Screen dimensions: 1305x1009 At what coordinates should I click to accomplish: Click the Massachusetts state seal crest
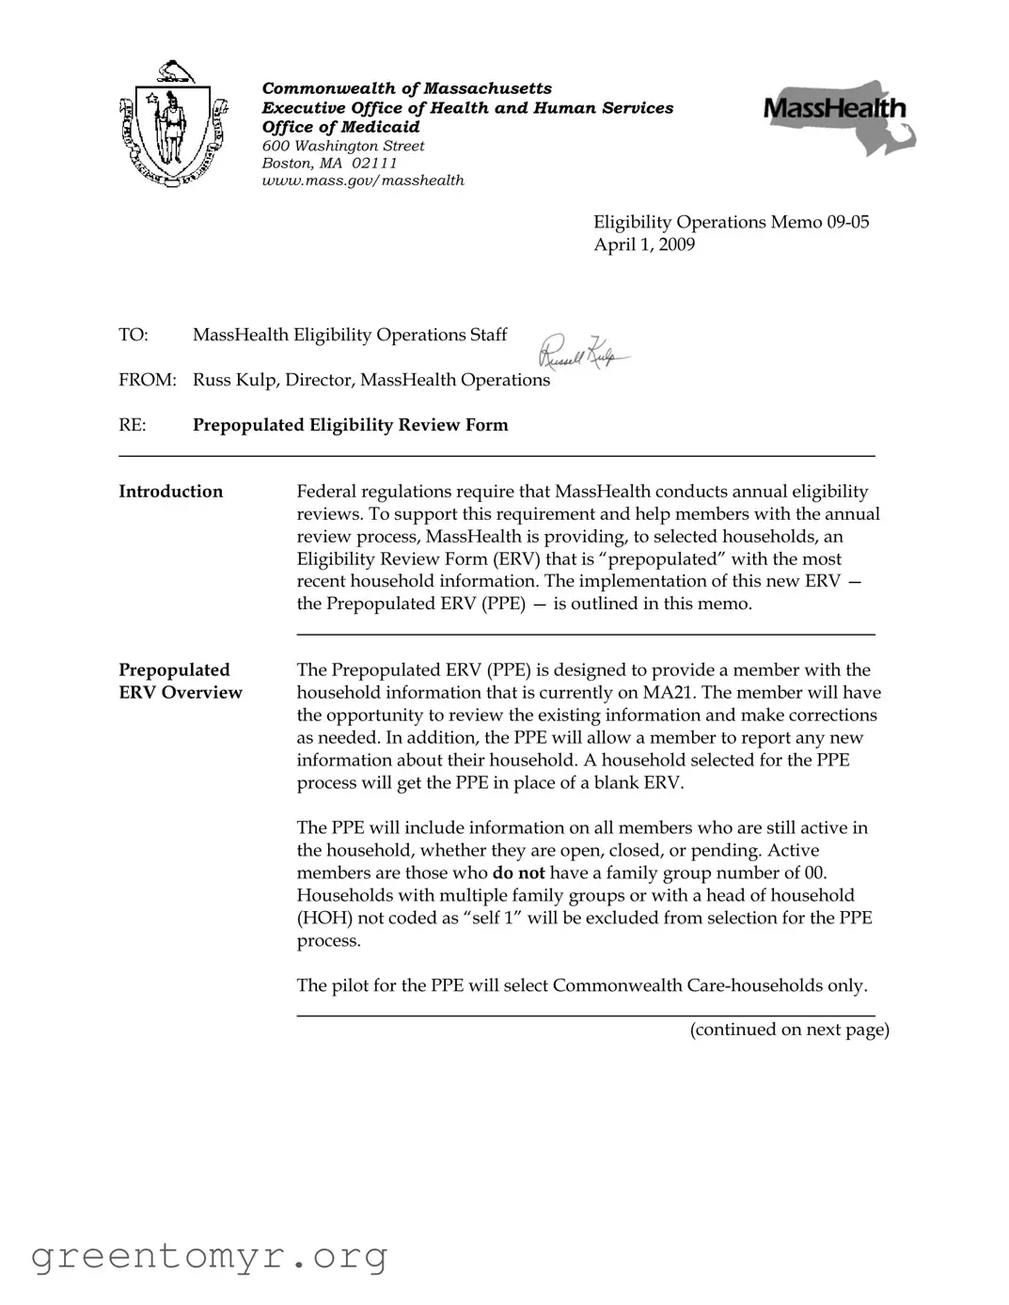174,124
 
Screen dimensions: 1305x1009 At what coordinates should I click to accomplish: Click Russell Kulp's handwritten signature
582,353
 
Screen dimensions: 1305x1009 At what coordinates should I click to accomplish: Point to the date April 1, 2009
644,244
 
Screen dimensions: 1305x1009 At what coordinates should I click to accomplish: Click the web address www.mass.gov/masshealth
363,180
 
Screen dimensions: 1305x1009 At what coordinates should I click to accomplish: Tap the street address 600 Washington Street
343,146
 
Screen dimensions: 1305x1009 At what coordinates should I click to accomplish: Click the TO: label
134,335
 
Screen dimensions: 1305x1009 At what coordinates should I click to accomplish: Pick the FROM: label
148,380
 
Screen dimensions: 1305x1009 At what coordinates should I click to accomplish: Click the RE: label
133,425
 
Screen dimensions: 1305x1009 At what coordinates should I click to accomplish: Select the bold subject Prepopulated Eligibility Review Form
350,425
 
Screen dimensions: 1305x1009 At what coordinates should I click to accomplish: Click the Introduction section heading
171,491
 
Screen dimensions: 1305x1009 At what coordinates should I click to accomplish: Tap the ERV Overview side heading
181,692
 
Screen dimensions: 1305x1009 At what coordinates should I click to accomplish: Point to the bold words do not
518,873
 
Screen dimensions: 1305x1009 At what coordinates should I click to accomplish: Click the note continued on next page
789,1029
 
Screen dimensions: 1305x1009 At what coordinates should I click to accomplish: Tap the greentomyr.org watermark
209,1256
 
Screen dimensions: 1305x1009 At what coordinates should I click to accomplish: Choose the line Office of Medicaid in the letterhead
340,127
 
